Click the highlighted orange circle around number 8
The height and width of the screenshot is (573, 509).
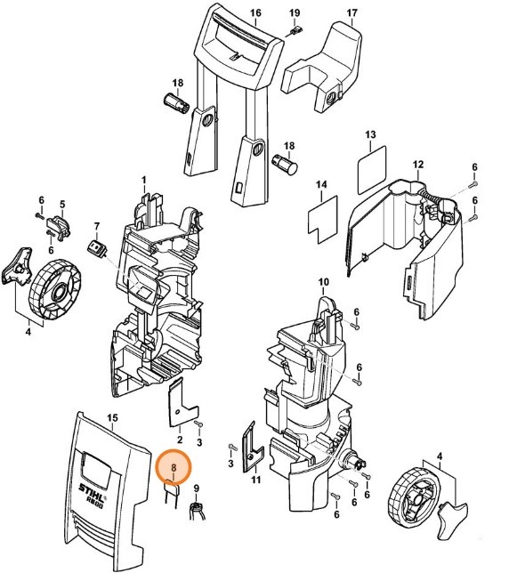[x=174, y=466]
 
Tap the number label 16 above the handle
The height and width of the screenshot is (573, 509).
[x=255, y=13]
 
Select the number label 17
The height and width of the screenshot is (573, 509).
[x=351, y=13]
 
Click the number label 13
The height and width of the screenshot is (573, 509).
[x=371, y=133]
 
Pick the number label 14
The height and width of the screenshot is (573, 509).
[x=323, y=184]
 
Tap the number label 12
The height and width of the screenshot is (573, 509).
[x=417, y=165]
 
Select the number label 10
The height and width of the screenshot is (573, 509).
[x=324, y=281]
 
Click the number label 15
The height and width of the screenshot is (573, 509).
[x=112, y=417]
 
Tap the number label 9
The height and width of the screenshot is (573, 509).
[x=198, y=488]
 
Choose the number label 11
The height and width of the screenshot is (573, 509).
[x=255, y=481]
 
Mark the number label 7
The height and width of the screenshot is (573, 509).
[x=97, y=226]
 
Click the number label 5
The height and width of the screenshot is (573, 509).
[x=62, y=205]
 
